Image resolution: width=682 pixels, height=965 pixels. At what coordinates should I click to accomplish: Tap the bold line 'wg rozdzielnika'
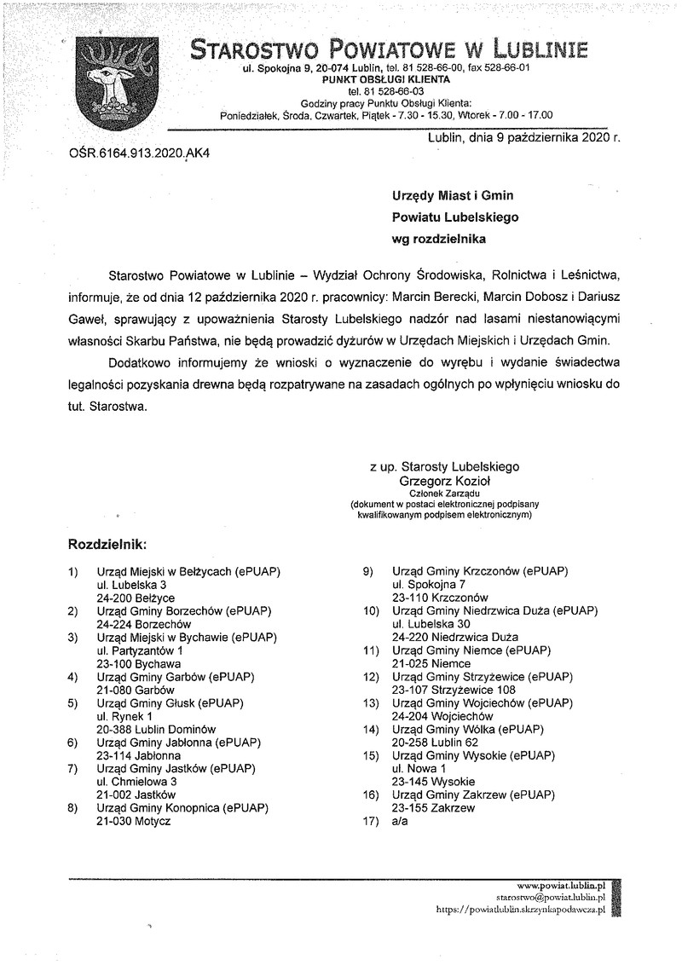point(438,240)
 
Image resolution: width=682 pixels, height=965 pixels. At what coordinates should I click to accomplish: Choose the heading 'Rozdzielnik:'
point(107,542)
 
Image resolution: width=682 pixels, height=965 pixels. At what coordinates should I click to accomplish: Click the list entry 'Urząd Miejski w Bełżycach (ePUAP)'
point(188,570)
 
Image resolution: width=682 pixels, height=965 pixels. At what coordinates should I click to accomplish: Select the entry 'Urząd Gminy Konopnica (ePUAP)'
point(182,806)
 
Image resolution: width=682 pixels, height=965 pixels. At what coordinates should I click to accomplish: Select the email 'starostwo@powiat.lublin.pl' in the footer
point(550,898)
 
